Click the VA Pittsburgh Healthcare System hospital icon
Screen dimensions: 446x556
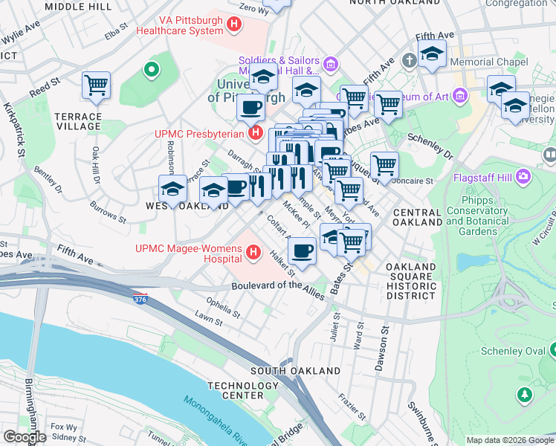(235, 25)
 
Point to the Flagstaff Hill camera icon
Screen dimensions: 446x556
(524, 177)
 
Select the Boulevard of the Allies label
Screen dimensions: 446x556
(277, 290)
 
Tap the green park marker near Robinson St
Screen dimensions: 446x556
(152, 71)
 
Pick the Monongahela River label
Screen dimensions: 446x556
(216, 421)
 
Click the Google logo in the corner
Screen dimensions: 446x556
(25, 437)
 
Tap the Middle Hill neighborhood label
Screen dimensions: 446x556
(78, 6)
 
